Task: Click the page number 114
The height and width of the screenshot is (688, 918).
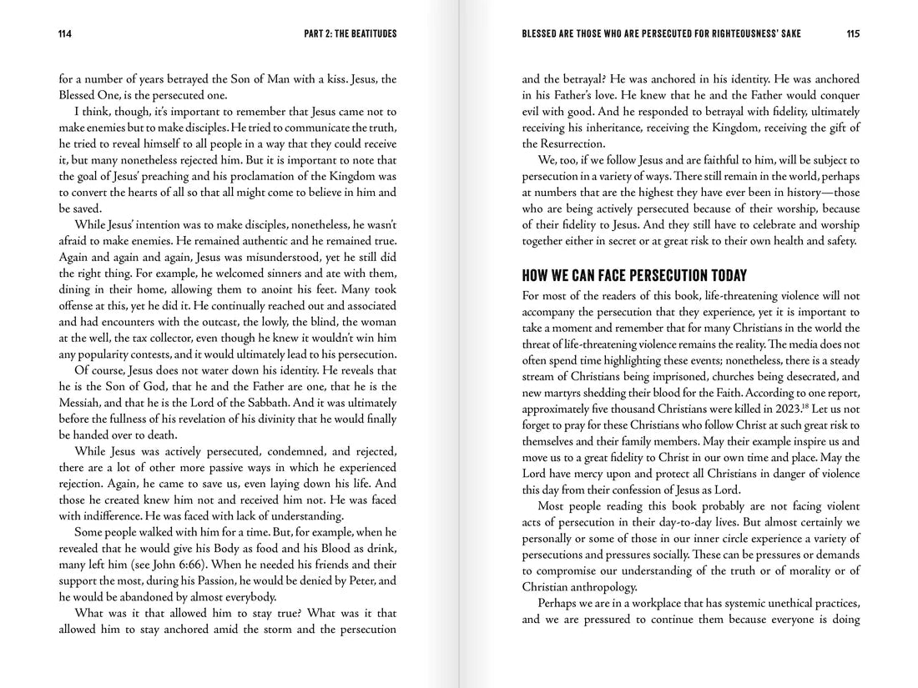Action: pyautogui.click(x=64, y=34)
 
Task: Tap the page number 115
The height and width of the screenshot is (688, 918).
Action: pyautogui.click(x=851, y=34)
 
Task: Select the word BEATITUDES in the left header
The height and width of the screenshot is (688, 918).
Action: pyautogui.click(x=368, y=34)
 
